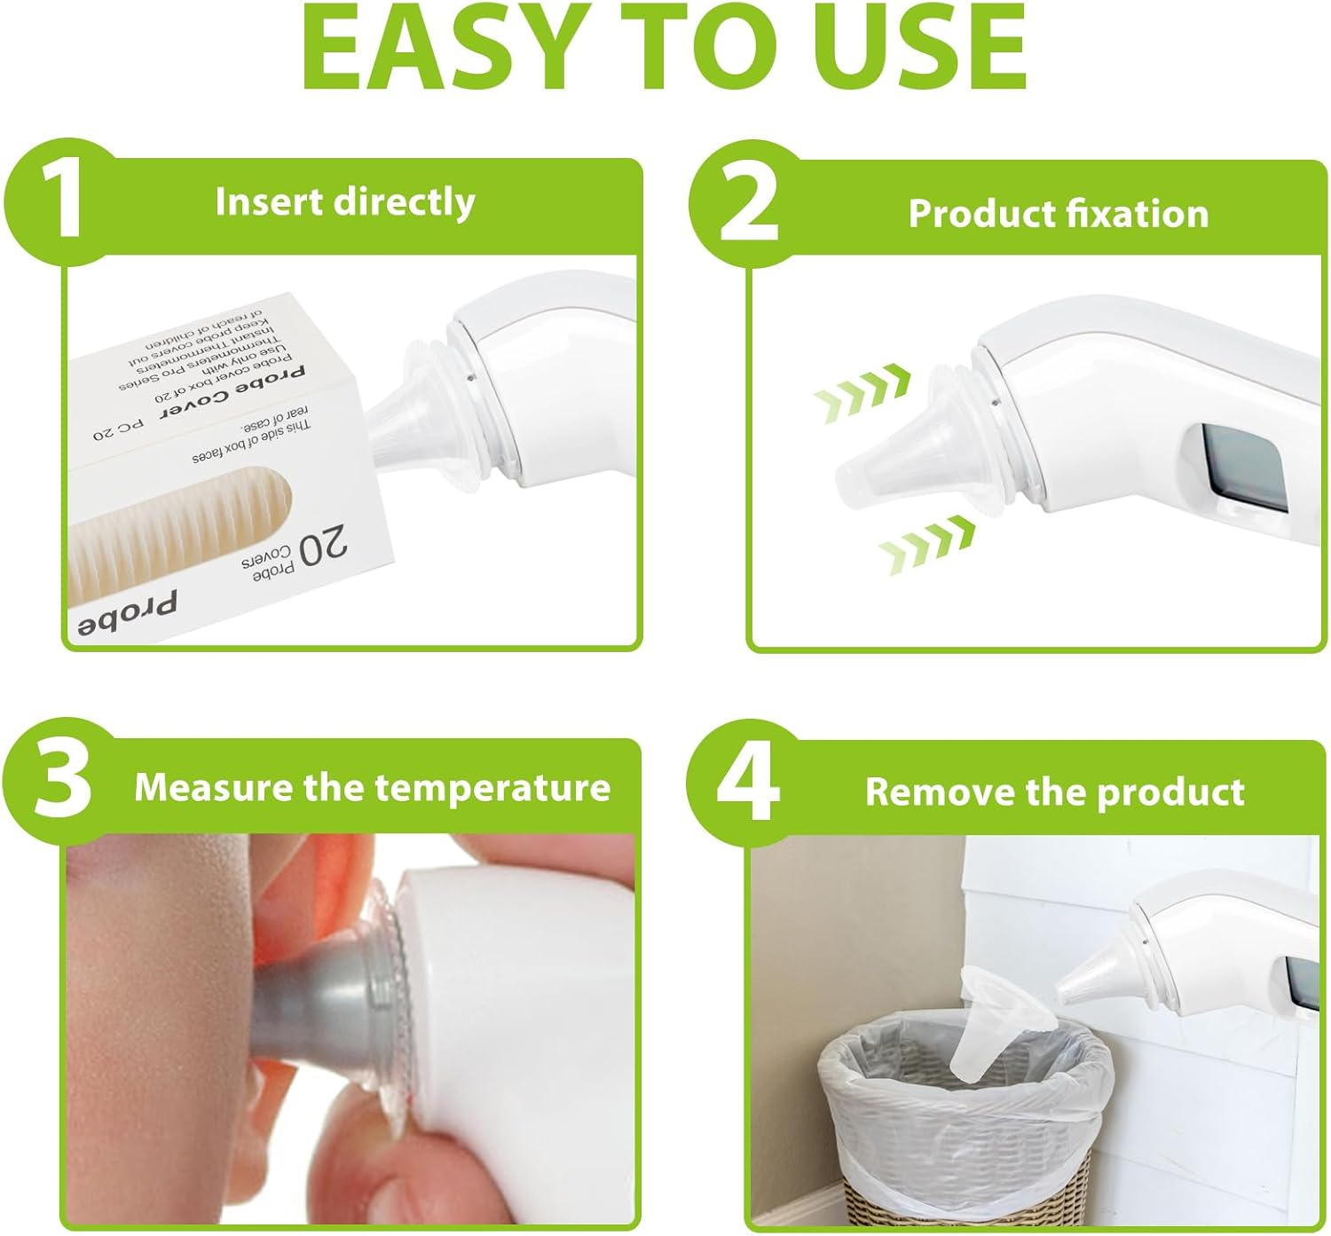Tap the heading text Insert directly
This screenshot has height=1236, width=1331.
pyautogui.click(x=344, y=202)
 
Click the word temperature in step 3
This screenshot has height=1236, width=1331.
pyautogui.click(x=492, y=787)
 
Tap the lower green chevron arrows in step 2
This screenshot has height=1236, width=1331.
pyautogui.click(x=927, y=543)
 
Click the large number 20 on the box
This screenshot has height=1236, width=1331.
pyautogui.click(x=324, y=548)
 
